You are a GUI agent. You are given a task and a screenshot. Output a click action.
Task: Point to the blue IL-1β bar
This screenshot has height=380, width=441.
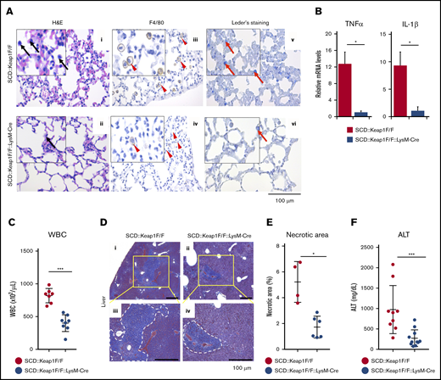(417, 113)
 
